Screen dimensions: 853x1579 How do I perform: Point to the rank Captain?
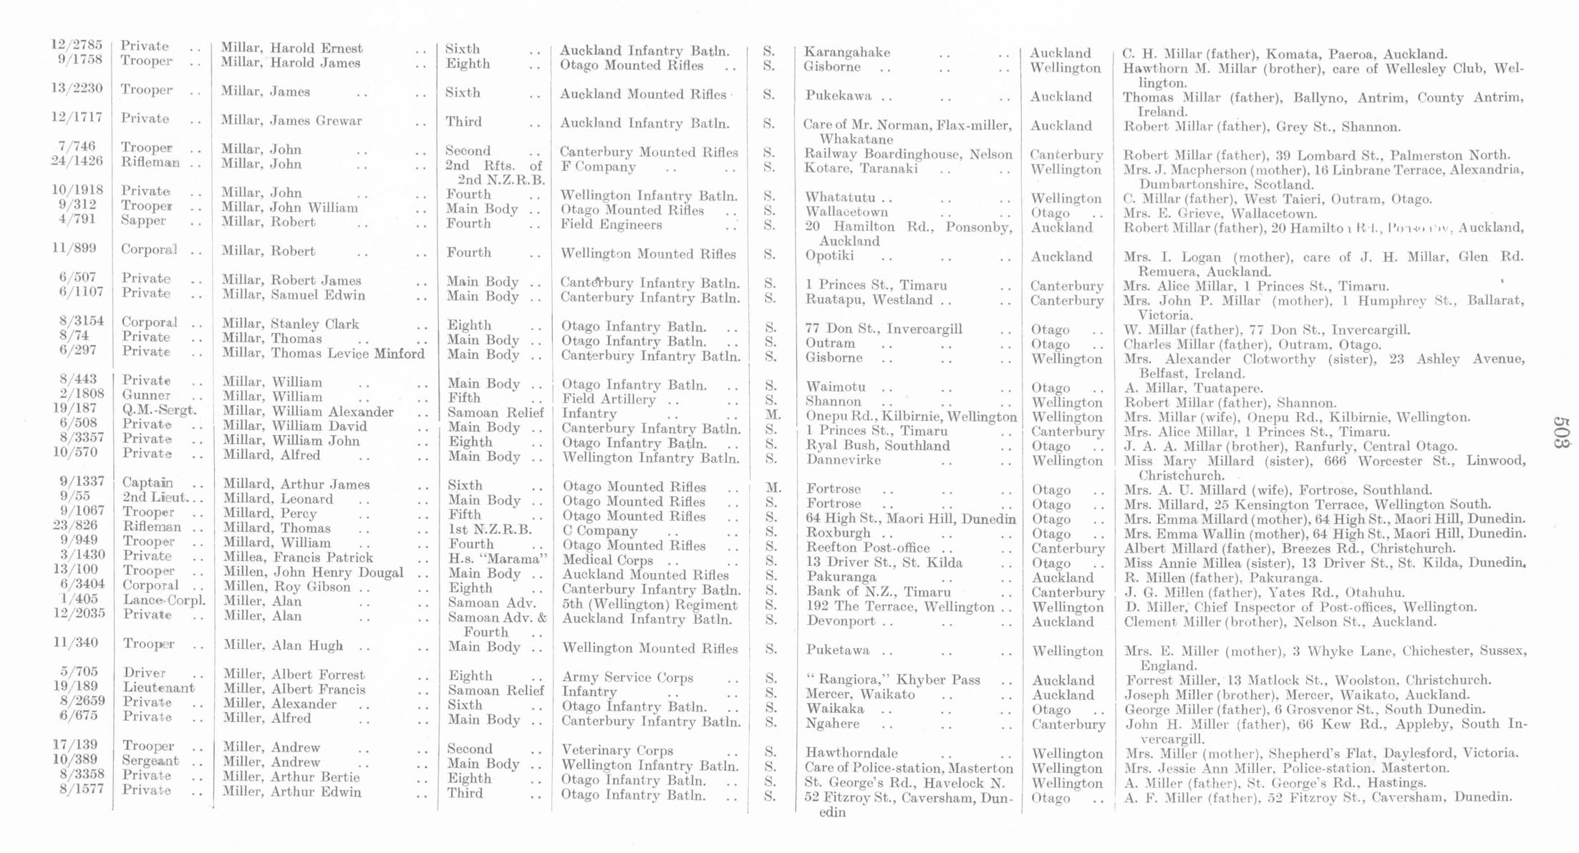[148, 483]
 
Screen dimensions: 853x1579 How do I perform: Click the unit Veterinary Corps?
[617, 751]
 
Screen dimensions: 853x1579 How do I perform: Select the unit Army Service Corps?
[627, 677]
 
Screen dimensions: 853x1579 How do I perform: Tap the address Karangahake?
[847, 52]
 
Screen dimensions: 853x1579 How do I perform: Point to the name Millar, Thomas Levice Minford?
[323, 354]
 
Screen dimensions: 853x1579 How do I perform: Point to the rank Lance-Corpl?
[164, 600]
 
